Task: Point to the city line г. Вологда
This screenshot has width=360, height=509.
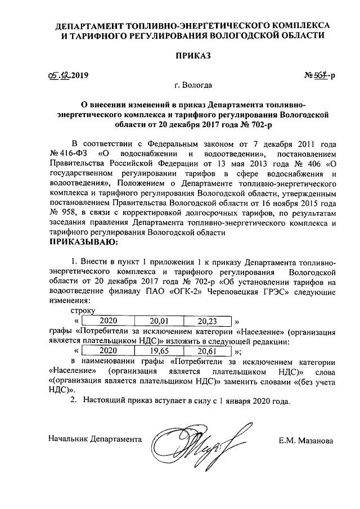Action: click(x=193, y=86)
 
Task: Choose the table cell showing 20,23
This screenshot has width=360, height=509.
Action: click(x=208, y=321)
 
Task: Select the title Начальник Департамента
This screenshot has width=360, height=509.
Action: click(x=95, y=438)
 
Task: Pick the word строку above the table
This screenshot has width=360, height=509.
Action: click(x=83, y=310)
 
